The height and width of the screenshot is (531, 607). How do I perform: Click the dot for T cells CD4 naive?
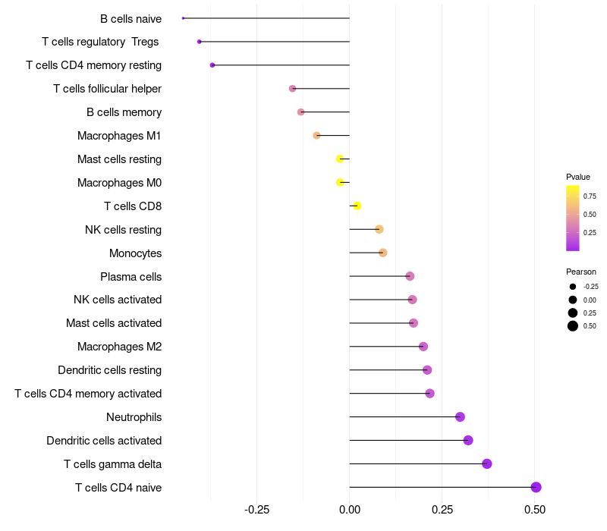click(536, 487)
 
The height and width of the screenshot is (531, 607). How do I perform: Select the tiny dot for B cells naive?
click(183, 18)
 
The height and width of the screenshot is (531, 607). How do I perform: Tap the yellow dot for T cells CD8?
click(357, 206)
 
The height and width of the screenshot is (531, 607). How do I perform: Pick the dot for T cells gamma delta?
click(487, 463)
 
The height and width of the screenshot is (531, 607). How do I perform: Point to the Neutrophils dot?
click(460, 416)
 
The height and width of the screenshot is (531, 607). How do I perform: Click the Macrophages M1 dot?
click(316, 136)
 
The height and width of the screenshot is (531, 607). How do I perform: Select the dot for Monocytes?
click(383, 253)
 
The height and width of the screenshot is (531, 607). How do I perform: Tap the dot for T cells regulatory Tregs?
click(200, 42)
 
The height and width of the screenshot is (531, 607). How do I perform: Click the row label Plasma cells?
click(131, 277)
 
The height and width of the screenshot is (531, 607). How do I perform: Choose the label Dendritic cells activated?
click(104, 441)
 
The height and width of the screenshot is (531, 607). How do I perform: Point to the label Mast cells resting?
click(119, 159)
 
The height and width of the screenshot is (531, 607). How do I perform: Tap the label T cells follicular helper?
click(107, 89)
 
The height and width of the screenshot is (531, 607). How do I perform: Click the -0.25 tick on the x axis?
click(256, 510)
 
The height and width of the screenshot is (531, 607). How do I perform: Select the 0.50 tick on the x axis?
click(535, 510)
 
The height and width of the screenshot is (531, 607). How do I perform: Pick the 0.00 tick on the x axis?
click(350, 510)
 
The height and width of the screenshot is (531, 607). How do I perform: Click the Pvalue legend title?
click(578, 177)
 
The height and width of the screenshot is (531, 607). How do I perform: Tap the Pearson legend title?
click(581, 272)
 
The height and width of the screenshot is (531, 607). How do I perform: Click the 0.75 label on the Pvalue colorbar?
click(590, 196)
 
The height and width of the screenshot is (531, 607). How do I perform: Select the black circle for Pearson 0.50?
click(573, 326)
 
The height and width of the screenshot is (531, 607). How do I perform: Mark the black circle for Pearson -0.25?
click(573, 287)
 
